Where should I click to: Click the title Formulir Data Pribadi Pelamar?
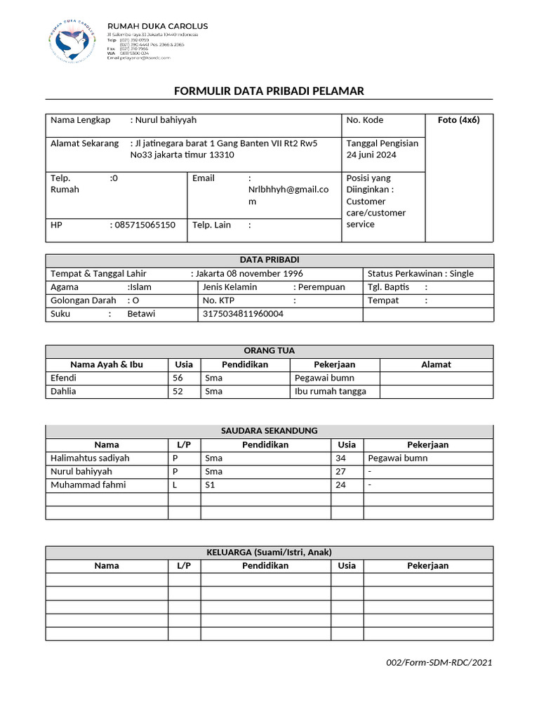269,91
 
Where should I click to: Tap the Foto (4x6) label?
458,120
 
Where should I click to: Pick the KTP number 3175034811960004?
243,314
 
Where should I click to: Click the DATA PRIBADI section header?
269,260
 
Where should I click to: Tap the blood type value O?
136,301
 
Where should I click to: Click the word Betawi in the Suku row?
141,314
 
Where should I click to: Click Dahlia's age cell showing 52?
178,391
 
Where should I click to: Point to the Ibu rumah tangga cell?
330,391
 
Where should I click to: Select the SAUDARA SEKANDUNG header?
269,430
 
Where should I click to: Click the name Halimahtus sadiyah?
90,458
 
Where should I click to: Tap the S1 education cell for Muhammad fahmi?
211,484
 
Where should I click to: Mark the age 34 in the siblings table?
342,458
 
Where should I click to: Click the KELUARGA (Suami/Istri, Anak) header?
269,551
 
